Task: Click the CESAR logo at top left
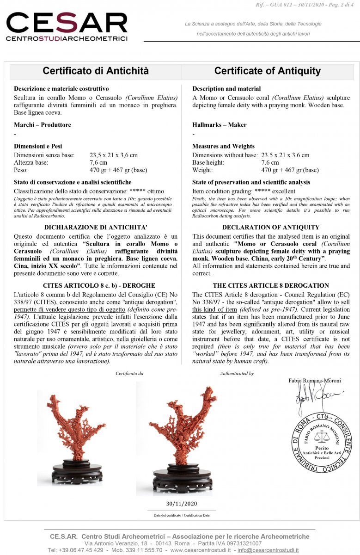(x=67, y=26)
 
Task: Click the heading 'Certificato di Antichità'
(x=96, y=71)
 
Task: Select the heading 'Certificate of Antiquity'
(x=267, y=71)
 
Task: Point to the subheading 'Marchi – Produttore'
(x=43, y=125)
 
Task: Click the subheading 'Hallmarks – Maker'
(x=219, y=125)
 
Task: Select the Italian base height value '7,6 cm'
(x=98, y=162)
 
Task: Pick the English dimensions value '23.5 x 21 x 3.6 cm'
(x=285, y=155)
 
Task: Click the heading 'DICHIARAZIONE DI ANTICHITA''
(x=96, y=227)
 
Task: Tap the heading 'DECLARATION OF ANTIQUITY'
(x=270, y=227)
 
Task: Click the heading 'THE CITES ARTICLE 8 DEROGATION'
(x=271, y=285)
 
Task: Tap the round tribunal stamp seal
(x=321, y=442)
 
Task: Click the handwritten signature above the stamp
(x=314, y=396)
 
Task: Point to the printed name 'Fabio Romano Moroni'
(x=314, y=381)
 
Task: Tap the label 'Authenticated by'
(x=237, y=373)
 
